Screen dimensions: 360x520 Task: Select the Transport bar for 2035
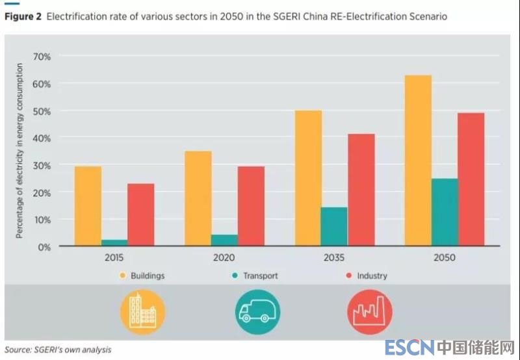[334, 227]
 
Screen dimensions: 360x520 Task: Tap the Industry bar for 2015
[140, 215]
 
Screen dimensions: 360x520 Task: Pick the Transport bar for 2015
[114, 243]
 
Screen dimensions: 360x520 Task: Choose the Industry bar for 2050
[471, 179]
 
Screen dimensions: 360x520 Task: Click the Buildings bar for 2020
[198, 199]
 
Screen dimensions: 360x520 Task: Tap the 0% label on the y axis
[44, 247]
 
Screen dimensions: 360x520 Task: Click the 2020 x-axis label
[224, 257]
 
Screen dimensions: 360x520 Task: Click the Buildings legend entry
[142, 276]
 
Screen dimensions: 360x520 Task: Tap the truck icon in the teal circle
[257, 312]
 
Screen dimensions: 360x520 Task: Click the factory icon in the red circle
[369, 312]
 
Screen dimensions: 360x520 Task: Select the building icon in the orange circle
[142, 312]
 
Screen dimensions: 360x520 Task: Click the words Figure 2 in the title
[23, 16]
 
